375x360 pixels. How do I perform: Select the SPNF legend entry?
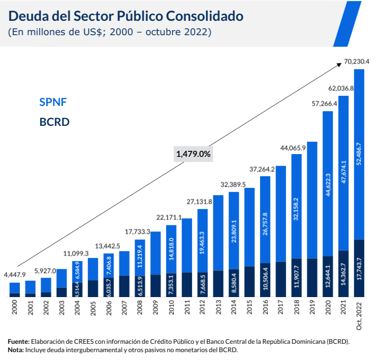point(53,102)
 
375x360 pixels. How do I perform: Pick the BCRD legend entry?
point(55,122)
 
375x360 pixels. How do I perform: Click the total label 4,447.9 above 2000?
point(14,274)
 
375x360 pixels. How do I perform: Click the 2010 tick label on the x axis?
point(171,309)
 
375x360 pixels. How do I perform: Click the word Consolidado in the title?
point(204,16)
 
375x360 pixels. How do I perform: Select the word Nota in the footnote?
point(15,350)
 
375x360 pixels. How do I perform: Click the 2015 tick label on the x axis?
point(250,309)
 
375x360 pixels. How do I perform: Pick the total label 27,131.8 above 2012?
point(199,202)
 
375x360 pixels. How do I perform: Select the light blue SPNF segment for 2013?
point(218,231)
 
